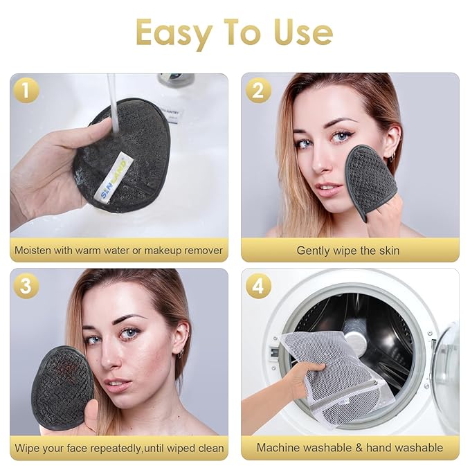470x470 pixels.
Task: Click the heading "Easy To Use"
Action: [x=235, y=33]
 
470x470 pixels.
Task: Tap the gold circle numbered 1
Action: [x=26, y=90]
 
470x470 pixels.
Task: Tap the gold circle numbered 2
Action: [x=257, y=90]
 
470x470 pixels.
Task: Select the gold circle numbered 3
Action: [x=26, y=285]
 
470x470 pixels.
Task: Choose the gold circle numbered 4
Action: [x=257, y=285]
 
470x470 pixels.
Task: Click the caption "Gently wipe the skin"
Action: [x=348, y=251]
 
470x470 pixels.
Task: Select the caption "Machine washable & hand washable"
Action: [x=350, y=447]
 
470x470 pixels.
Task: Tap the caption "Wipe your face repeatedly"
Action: [x=119, y=447]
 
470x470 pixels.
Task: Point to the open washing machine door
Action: [x=446, y=367]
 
